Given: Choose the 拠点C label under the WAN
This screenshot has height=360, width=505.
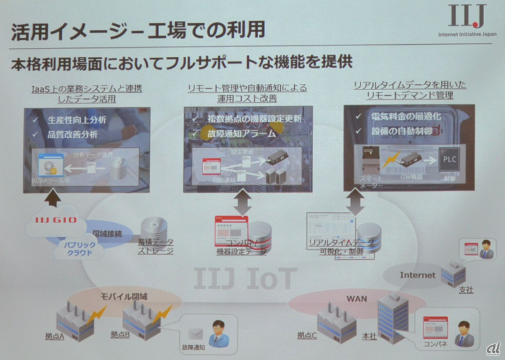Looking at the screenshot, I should click(308, 335).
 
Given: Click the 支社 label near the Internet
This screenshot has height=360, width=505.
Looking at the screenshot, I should click(466, 289).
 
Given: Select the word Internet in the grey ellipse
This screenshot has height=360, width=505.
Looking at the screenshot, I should click(418, 275).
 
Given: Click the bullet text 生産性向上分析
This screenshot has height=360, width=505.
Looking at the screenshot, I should click(76, 119).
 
